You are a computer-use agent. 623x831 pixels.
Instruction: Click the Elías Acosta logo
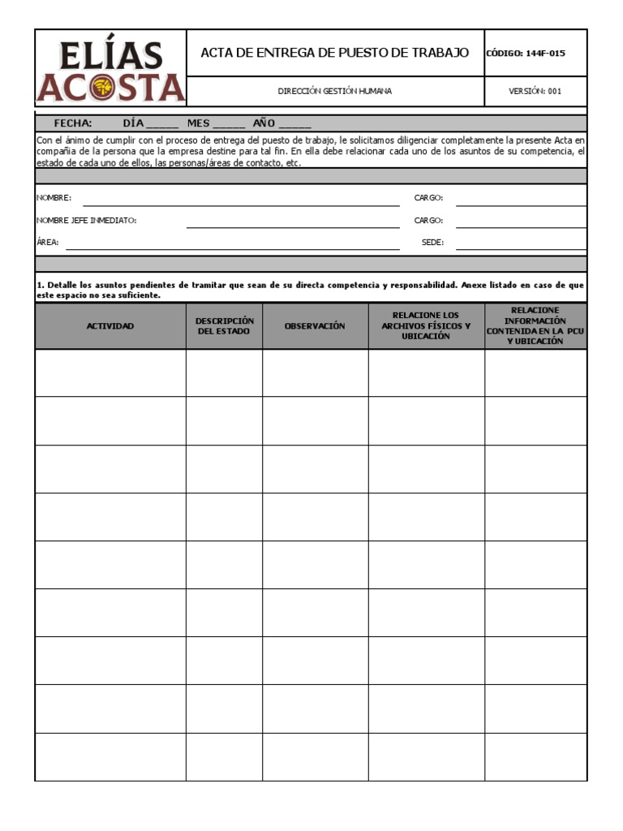pyautogui.click(x=110, y=71)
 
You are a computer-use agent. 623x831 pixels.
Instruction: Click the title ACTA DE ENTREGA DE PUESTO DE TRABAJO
pyautogui.click(x=335, y=53)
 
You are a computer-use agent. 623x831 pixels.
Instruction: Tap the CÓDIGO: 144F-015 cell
pyautogui.click(x=535, y=54)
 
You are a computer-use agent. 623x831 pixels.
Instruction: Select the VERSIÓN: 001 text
pyautogui.click(x=535, y=91)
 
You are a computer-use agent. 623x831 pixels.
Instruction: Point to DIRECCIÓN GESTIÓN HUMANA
pyautogui.click(x=334, y=91)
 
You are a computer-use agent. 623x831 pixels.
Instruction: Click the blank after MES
pyautogui.click(x=229, y=124)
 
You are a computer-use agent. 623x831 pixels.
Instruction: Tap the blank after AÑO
pyautogui.click(x=294, y=124)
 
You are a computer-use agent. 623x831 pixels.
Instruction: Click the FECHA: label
pyautogui.click(x=73, y=123)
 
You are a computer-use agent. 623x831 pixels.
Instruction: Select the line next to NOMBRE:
pyautogui.click(x=241, y=200)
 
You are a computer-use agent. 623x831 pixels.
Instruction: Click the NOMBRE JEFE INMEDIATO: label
pyautogui.click(x=86, y=220)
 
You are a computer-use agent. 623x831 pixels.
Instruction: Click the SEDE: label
pyautogui.click(x=432, y=242)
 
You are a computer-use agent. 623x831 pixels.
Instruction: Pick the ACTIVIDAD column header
pyautogui.click(x=110, y=326)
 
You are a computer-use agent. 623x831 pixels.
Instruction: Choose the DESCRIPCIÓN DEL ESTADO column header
pyautogui.click(x=224, y=326)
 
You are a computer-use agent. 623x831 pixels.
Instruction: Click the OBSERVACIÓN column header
pyautogui.click(x=315, y=326)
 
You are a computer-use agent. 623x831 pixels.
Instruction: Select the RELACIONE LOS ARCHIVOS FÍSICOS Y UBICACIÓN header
pyautogui.click(x=426, y=326)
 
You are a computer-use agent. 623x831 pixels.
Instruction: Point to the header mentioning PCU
pyautogui.click(x=535, y=326)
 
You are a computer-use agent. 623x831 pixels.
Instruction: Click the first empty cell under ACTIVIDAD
pyautogui.click(x=110, y=373)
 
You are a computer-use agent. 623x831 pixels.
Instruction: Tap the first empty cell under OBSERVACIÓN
pyautogui.click(x=315, y=373)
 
